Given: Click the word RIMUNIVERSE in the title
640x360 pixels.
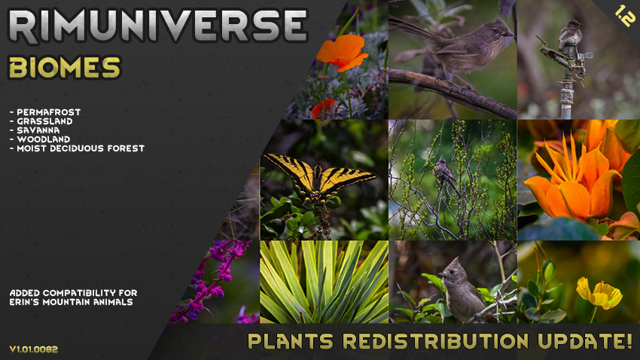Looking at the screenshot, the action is (157, 26).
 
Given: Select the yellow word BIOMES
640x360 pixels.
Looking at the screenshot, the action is (65, 67).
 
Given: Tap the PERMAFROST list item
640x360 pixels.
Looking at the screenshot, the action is (45, 111).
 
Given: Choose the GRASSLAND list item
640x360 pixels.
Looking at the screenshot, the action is (41, 121).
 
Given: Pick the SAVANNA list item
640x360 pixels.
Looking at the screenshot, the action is (35, 130).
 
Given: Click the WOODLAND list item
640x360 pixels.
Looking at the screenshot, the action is (40, 139).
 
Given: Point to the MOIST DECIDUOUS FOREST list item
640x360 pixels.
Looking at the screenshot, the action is (77, 148).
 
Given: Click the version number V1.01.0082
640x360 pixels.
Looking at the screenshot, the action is (34, 349).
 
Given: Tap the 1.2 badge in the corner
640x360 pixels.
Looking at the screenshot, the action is (625, 16).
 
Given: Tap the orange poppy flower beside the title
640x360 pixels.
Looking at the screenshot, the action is (342, 51).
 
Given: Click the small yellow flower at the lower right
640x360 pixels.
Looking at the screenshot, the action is (599, 293).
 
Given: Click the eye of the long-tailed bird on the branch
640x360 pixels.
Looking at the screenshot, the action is (496, 31).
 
